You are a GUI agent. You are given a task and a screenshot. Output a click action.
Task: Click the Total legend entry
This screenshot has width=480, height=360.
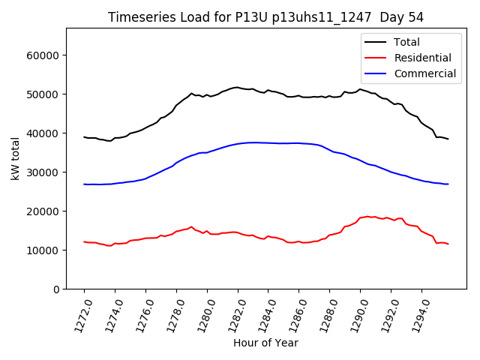[406, 42]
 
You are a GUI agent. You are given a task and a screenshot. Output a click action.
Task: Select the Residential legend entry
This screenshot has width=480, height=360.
[422, 58]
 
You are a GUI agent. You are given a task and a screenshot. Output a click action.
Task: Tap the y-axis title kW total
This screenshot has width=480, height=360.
[15, 158]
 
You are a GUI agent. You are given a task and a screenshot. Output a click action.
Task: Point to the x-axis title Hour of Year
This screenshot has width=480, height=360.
[265, 343]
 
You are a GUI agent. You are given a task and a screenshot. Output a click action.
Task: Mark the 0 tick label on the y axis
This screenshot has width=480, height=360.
[56, 289]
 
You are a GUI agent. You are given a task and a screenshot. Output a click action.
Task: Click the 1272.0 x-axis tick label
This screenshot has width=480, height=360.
[78, 314]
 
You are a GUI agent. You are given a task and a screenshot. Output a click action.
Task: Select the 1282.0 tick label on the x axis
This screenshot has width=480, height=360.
[232, 314]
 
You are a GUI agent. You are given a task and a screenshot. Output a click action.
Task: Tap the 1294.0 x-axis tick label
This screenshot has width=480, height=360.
[415, 314]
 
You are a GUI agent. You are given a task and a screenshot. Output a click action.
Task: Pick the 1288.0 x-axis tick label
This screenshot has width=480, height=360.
[323, 314]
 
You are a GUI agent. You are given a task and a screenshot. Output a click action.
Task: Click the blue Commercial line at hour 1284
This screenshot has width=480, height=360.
[268, 142]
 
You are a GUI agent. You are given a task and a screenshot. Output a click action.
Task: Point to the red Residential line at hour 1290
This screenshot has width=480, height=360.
[360, 217]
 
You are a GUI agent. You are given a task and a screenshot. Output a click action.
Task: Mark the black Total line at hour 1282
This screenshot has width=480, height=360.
[238, 87]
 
